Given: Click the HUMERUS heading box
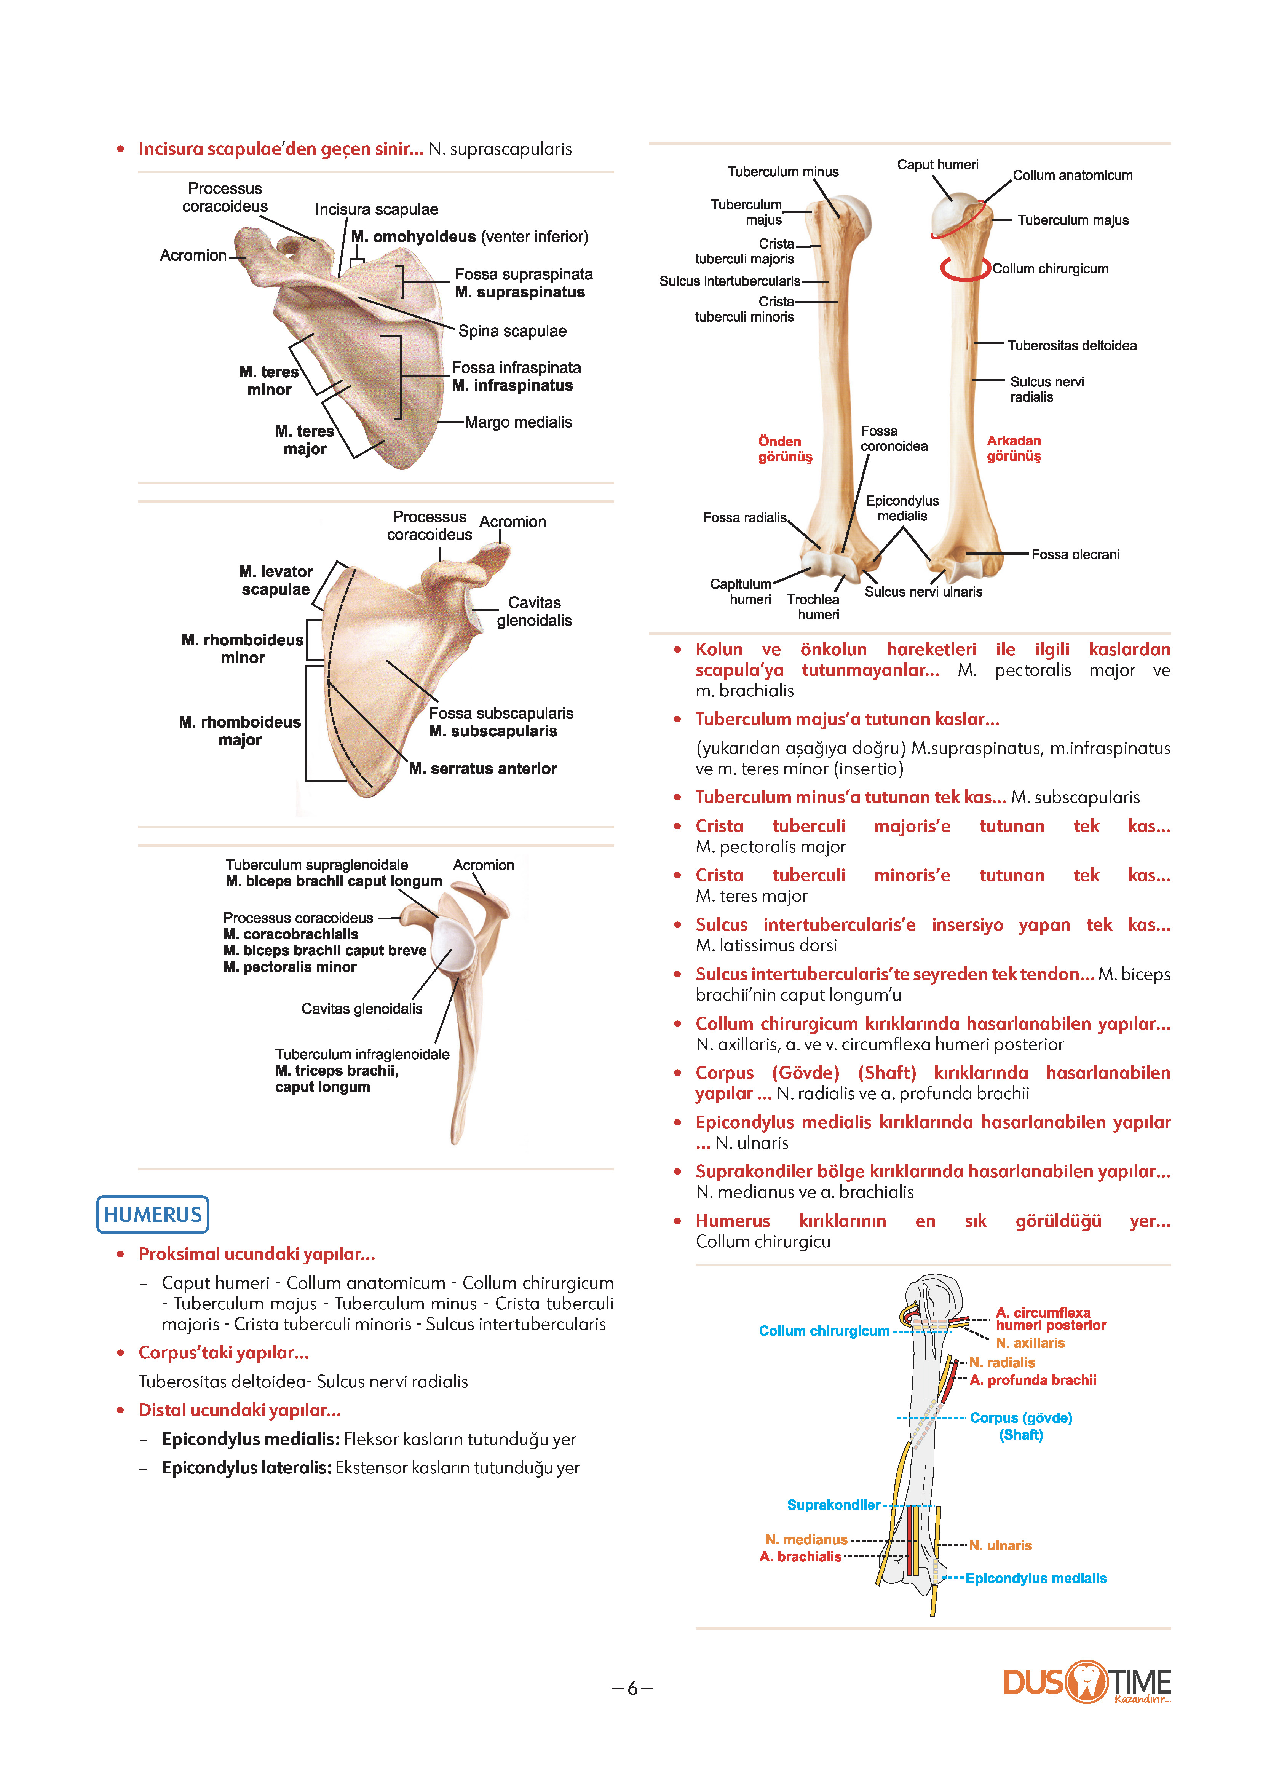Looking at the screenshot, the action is (152, 1214).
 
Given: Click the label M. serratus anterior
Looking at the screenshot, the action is (483, 768).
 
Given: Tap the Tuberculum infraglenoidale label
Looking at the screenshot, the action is (362, 1054).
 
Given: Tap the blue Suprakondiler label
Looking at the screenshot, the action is (834, 1505).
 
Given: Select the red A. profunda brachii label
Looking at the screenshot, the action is (1033, 1380).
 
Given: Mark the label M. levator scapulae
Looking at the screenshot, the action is (276, 580).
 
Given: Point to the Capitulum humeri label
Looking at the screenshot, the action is (740, 592).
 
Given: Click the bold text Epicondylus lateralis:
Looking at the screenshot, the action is (246, 1468).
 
